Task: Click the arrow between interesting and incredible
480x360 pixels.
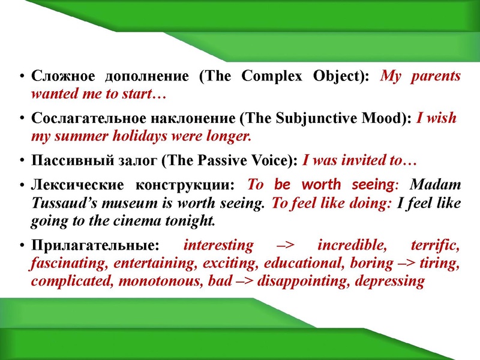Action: pos(286,245)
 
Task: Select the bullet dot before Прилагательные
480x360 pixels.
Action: pos(22,246)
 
